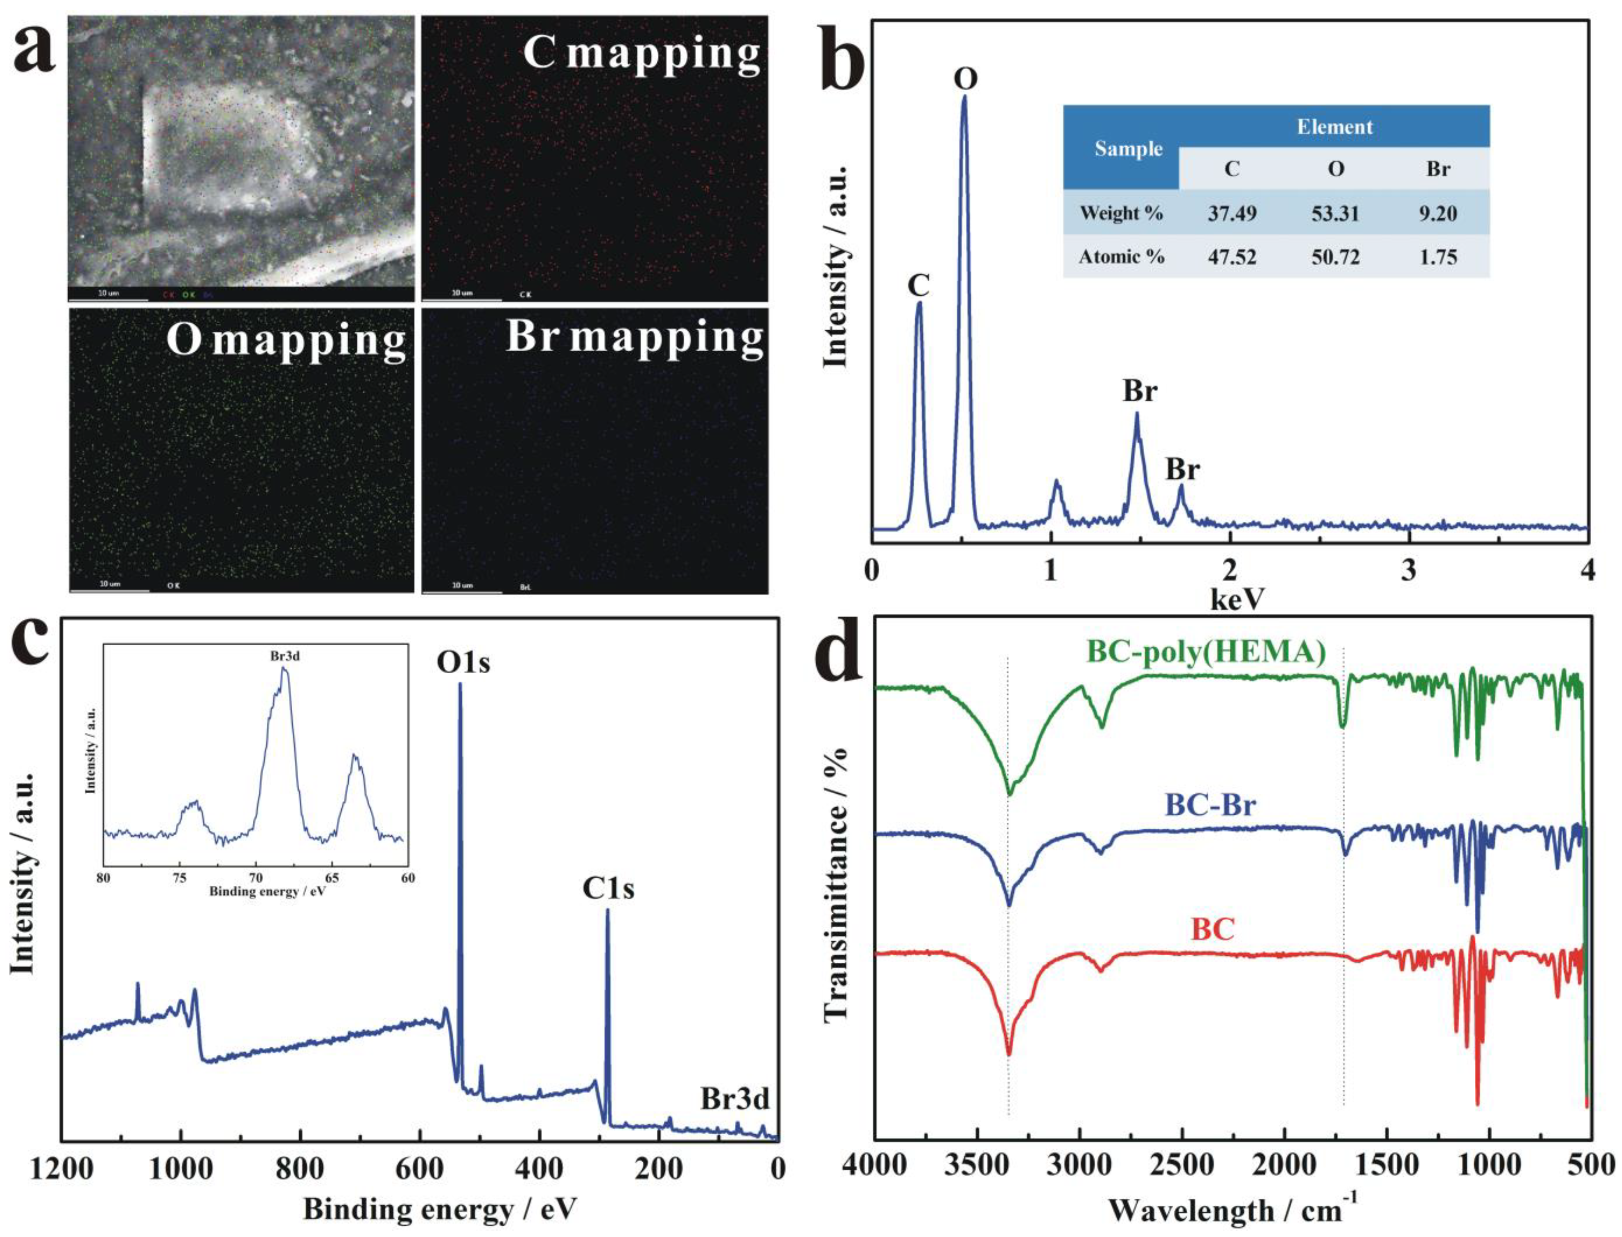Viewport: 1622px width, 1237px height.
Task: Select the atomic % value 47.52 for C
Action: pyautogui.click(x=1232, y=257)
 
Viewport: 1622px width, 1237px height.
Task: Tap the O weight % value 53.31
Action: pyautogui.click(x=1335, y=213)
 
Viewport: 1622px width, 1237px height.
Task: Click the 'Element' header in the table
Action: pyautogui.click(x=1334, y=127)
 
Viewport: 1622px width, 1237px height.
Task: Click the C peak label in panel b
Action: pyautogui.click(x=918, y=285)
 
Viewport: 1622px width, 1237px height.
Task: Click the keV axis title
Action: pyautogui.click(x=1237, y=600)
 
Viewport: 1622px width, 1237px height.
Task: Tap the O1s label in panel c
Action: pyautogui.click(x=463, y=663)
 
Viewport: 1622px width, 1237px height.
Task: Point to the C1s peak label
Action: pyautogui.click(x=609, y=889)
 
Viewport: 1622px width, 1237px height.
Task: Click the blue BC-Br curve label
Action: pyautogui.click(x=1210, y=805)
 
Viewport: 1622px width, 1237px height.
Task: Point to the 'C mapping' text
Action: pyautogui.click(x=641, y=53)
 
